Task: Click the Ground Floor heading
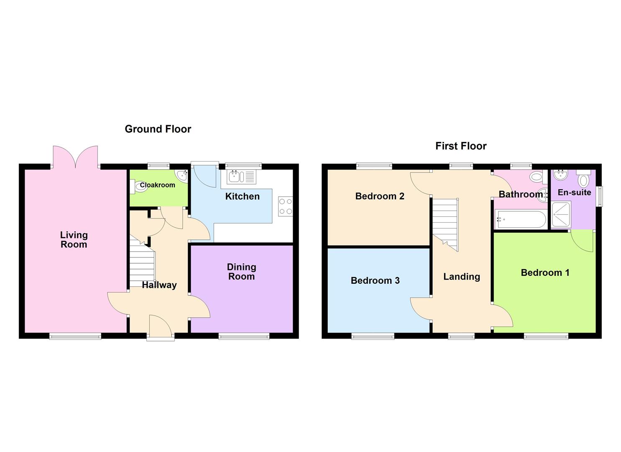click(158, 129)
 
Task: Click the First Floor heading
click(461, 146)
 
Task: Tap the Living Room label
click(74, 240)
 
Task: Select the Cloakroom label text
click(157, 185)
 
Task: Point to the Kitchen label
click(242, 196)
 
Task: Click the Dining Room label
click(241, 272)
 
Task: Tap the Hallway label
click(159, 285)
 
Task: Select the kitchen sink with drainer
click(241, 177)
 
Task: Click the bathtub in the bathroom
click(520, 219)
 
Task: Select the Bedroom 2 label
click(379, 196)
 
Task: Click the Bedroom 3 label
click(375, 280)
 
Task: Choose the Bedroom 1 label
click(545, 273)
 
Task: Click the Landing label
click(462, 277)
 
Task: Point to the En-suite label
click(574, 193)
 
